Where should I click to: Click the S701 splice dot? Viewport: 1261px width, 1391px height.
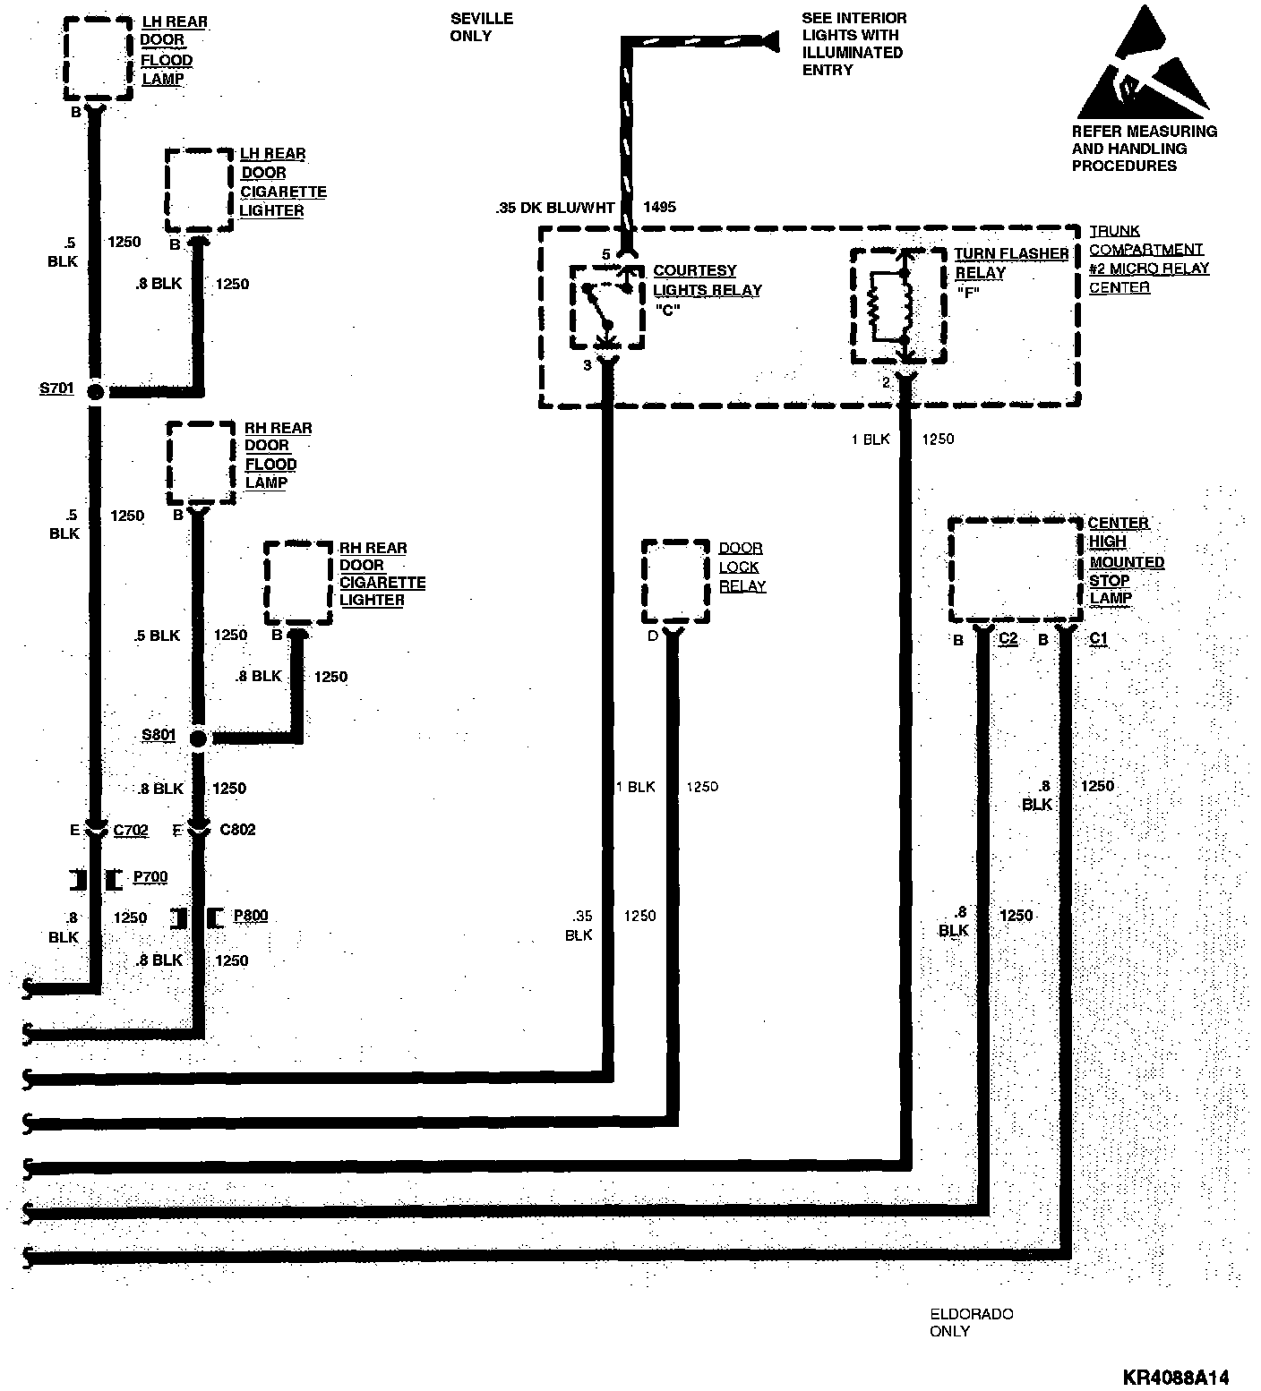point(95,391)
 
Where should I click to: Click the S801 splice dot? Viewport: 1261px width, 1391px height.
point(198,738)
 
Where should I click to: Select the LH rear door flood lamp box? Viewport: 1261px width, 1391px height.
point(99,57)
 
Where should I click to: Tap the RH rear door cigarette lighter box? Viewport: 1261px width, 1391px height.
point(298,583)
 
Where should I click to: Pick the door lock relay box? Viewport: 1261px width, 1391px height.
point(676,581)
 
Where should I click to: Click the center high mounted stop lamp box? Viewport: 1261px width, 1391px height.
point(1016,569)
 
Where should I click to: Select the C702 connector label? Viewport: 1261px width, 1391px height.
point(131,831)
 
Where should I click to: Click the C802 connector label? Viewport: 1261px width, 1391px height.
point(237,830)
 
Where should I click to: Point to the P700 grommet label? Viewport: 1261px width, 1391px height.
point(150,877)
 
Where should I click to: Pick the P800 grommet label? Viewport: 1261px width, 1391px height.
point(251,916)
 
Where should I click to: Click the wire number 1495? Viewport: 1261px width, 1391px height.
point(659,208)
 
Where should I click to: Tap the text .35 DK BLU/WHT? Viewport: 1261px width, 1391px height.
point(555,208)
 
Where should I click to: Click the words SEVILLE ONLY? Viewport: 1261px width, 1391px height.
point(482,27)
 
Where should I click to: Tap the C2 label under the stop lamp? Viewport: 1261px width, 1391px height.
point(1008,639)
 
